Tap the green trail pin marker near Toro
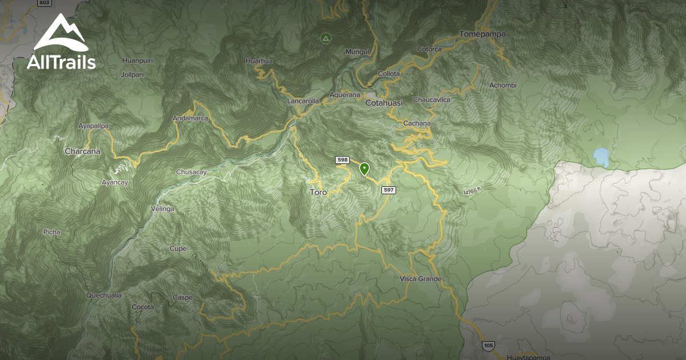coord(364,169)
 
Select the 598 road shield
coord(342,160)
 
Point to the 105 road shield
coord(488,345)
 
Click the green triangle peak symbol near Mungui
coord(325,38)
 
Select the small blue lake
coord(601,155)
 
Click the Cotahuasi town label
coord(384,103)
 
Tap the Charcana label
coord(82,151)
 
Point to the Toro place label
coord(318,193)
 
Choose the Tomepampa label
coord(482,34)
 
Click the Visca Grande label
coord(421,279)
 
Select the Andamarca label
coord(190,119)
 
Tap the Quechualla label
coord(103,295)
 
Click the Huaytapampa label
coord(528,357)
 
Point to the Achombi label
coord(502,86)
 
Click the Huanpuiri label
coord(137,61)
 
